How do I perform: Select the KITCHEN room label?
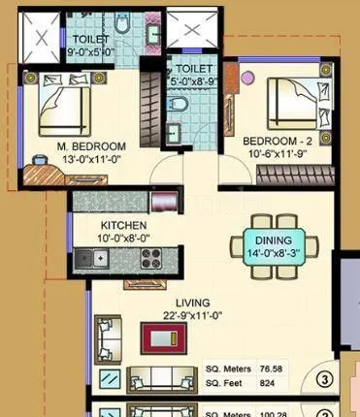(123, 222)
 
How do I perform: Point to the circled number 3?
(325, 378)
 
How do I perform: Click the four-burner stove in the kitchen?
(151, 258)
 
